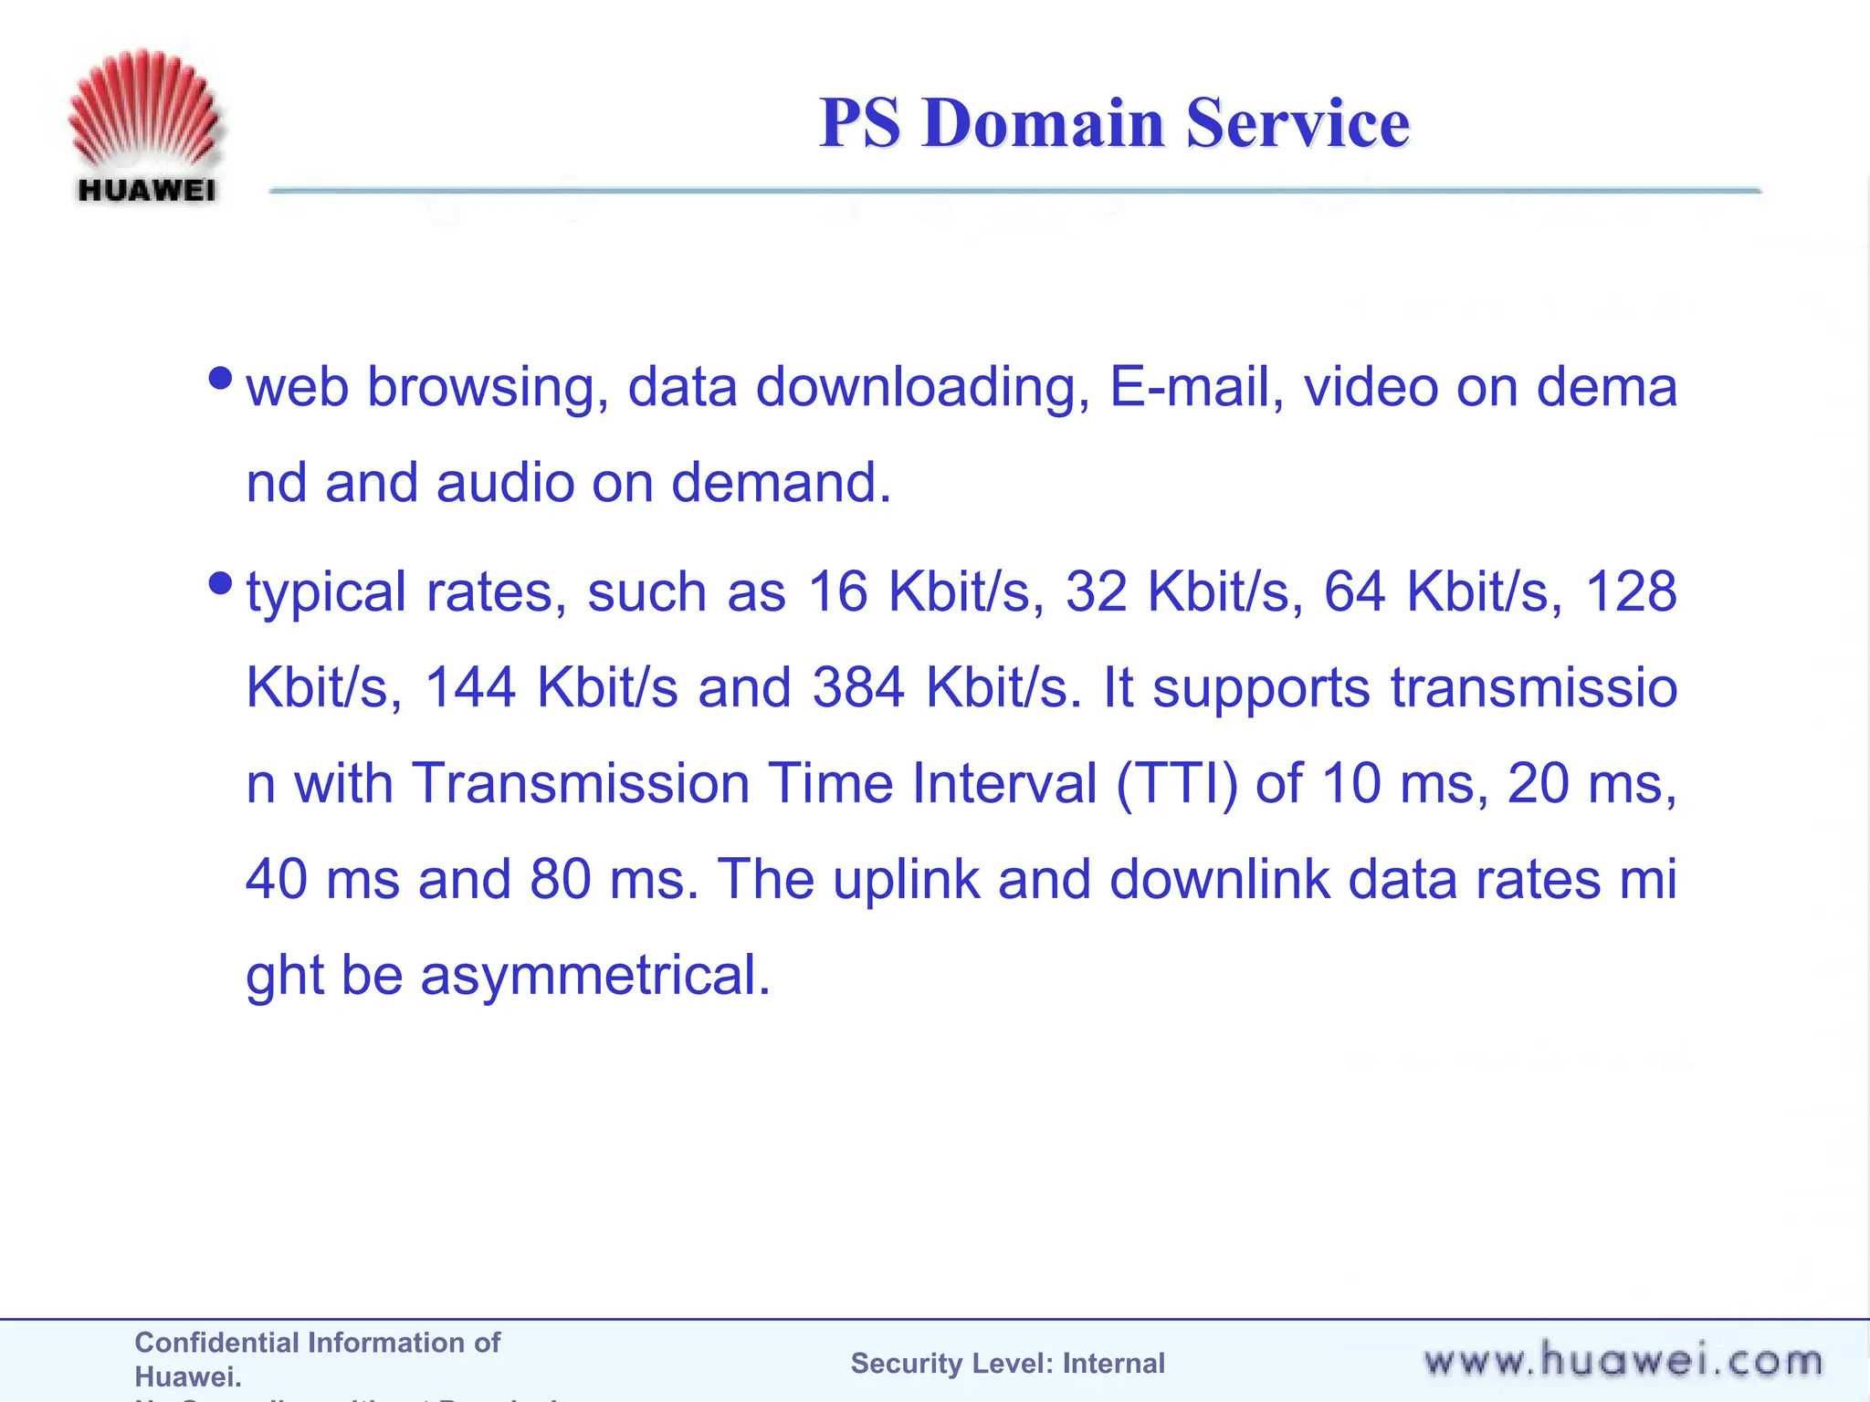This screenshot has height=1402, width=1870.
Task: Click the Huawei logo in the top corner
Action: tap(143, 125)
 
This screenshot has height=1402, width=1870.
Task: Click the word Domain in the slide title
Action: tap(1044, 123)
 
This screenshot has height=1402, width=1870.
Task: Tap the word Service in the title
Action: tap(1297, 123)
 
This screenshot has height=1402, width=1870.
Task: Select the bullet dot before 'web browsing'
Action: tap(220, 378)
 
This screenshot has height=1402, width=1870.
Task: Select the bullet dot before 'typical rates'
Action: tap(220, 582)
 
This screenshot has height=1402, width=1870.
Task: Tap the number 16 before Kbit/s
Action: tap(837, 592)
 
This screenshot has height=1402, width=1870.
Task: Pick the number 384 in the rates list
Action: tap(858, 687)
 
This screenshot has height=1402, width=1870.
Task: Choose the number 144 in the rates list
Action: tap(470, 687)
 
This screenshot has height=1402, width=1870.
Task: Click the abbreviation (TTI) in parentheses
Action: tap(1176, 784)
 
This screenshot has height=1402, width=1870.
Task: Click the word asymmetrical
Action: tap(594, 976)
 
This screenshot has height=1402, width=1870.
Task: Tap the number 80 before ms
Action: tap(560, 879)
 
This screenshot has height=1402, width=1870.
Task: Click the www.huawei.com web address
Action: tap(1623, 1361)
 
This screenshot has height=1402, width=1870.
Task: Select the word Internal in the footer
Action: tap(1113, 1364)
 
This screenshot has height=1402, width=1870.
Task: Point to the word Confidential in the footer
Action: tap(215, 1343)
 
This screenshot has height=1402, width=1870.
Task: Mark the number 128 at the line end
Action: tap(1632, 592)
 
